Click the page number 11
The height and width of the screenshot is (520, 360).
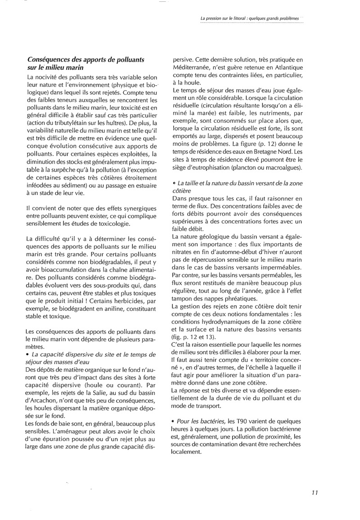[x=315, y=493]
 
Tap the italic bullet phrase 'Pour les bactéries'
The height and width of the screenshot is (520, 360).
[x=203, y=422]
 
